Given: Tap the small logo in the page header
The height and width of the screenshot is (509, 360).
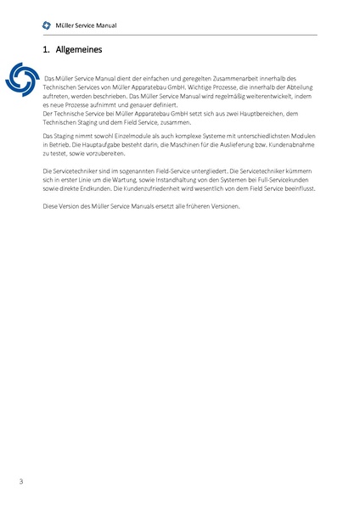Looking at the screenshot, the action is pyautogui.click(x=48, y=26).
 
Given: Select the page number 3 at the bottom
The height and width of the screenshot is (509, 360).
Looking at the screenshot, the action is pyautogui.click(x=20, y=482).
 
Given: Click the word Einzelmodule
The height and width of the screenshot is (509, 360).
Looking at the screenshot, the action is pyautogui.click(x=117, y=135).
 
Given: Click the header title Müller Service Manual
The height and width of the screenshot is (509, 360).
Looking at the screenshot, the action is pyautogui.click(x=86, y=26).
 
